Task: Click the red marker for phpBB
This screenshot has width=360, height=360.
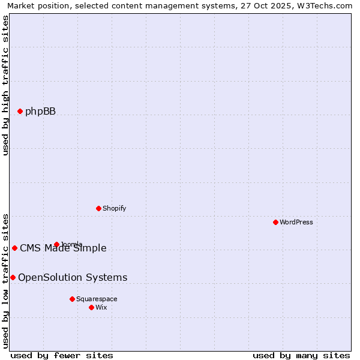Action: pyautogui.click(x=20, y=111)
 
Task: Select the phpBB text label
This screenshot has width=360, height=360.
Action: pyautogui.click(x=40, y=111)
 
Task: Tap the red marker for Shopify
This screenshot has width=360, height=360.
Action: pyautogui.click(x=98, y=208)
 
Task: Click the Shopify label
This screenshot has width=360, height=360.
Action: pyautogui.click(x=114, y=208)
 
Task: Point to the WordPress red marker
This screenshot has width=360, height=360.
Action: pyautogui.click(x=275, y=222)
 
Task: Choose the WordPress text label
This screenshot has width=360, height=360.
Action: pyautogui.click(x=296, y=222)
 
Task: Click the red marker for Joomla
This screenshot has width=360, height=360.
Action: pyautogui.click(x=56, y=244)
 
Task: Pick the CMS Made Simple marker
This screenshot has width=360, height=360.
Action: pyautogui.click(x=14, y=248)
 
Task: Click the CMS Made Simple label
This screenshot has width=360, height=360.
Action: pyautogui.click(x=63, y=248)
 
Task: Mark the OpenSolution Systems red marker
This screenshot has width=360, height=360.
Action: pyautogui.click(x=13, y=277)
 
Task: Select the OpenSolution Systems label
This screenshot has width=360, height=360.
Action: pyautogui.click(x=73, y=277)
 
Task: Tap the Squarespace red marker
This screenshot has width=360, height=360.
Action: pyautogui.click(x=72, y=299)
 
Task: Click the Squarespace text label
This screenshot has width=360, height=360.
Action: pyautogui.click(x=97, y=299)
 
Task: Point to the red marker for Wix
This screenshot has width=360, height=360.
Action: pyautogui.click(x=91, y=307)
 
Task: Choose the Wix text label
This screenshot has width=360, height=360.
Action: pyautogui.click(x=101, y=307)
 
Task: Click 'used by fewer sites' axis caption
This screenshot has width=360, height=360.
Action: pyautogui.click(x=62, y=355)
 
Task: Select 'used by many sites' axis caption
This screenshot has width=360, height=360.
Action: pyautogui.click(x=301, y=355)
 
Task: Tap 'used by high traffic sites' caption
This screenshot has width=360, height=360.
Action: pyautogui.click(x=6, y=85)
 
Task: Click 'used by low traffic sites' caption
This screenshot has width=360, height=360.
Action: pyautogui.click(x=6, y=281)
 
